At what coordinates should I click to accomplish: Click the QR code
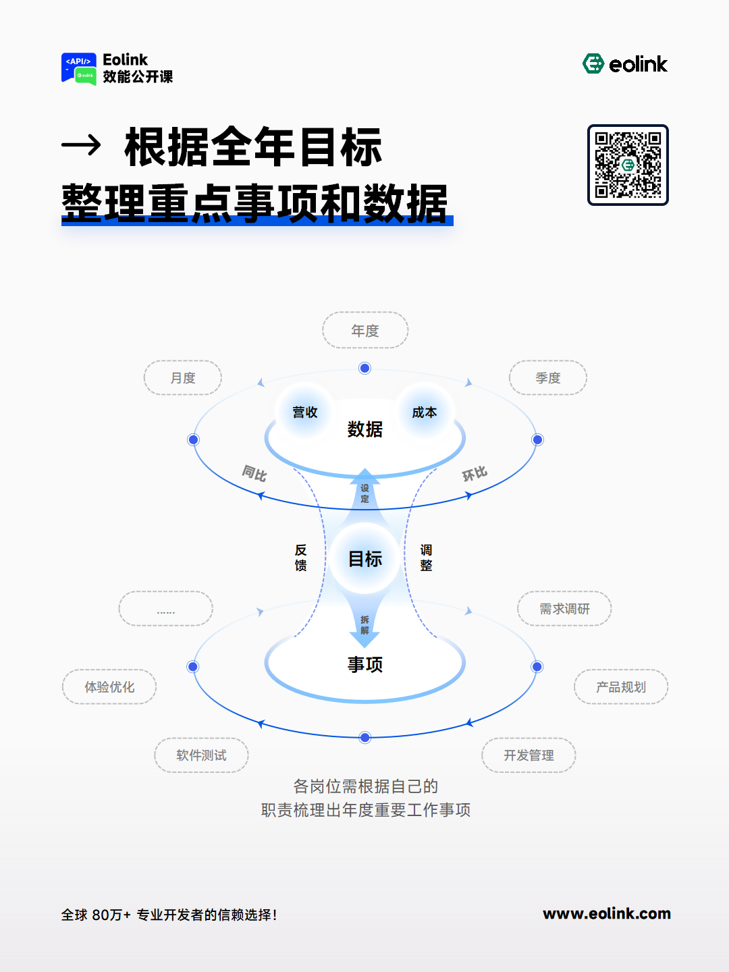coord(628,165)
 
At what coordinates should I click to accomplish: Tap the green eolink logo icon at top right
coord(593,63)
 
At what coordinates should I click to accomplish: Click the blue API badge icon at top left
coord(79,68)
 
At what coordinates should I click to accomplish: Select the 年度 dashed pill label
coord(365,330)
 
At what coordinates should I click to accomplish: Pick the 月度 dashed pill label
coord(183,378)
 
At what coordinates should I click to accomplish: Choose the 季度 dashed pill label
coord(548,378)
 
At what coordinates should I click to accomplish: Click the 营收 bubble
coord(304,412)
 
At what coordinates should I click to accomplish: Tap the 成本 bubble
coord(425,412)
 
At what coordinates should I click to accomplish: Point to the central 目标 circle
coord(365,559)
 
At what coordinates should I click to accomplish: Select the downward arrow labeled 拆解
coord(364,622)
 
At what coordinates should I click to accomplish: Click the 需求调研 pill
coord(564,608)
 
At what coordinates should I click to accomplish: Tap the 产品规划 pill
coord(621,687)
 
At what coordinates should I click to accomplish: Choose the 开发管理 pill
coord(529,755)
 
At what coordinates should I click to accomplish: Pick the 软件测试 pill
coord(201,755)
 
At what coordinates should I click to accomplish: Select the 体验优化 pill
coord(109,687)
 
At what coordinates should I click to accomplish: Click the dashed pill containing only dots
coord(165,608)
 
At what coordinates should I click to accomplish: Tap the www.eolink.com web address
coord(607,913)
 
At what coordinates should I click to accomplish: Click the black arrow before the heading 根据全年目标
coord(81,144)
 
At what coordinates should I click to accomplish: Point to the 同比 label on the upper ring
coord(254,473)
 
